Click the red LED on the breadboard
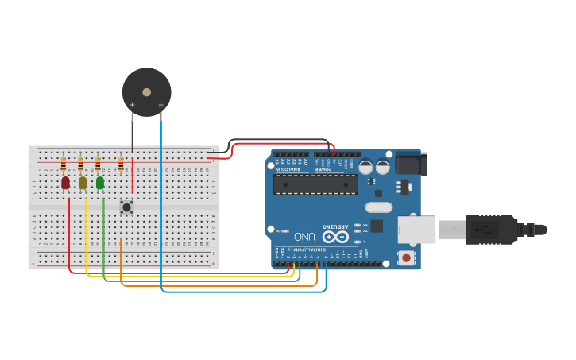click(65, 183)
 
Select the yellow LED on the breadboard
click(83, 183)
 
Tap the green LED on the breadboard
click(100, 183)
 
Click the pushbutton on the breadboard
click(126, 207)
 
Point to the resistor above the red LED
click(64, 165)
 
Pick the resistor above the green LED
click(98, 165)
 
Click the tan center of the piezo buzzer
click(146, 92)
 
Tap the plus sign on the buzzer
click(132, 105)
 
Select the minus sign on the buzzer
click(160, 105)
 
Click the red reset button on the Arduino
click(406, 257)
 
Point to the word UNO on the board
click(304, 237)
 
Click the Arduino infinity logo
click(334, 237)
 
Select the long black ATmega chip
click(315, 184)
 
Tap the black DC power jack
click(412, 164)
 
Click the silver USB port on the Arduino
click(416, 230)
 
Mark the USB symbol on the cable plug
click(485, 230)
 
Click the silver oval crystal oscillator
click(379, 207)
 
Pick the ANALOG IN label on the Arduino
click(289, 168)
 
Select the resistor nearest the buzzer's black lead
click(121, 165)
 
